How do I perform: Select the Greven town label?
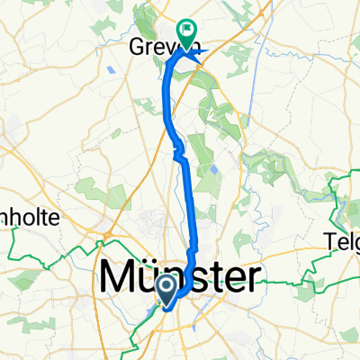155,46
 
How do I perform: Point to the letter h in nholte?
18,218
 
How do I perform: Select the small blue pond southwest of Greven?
122,67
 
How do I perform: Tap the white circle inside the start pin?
167,286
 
